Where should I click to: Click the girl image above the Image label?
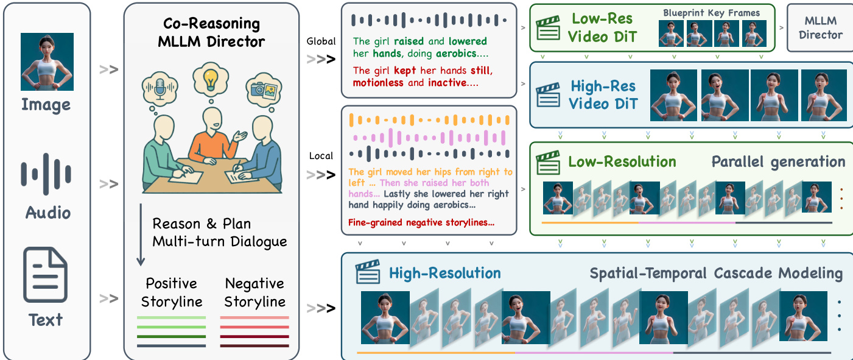tap(47, 62)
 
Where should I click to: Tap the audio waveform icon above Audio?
tap(46, 173)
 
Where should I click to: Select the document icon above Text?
tap(46, 278)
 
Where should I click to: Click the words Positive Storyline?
tap(172, 292)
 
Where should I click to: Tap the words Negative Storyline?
tap(254, 292)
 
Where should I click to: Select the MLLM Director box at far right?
tap(820, 28)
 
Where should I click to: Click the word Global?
tap(321, 41)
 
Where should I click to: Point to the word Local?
tap(321, 156)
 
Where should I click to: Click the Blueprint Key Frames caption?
tap(711, 13)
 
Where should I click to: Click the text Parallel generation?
tap(778, 161)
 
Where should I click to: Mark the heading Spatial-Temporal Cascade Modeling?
tap(716, 274)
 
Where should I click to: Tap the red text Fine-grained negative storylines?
tap(421, 223)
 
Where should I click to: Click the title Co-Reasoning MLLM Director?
tap(211, 33)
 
